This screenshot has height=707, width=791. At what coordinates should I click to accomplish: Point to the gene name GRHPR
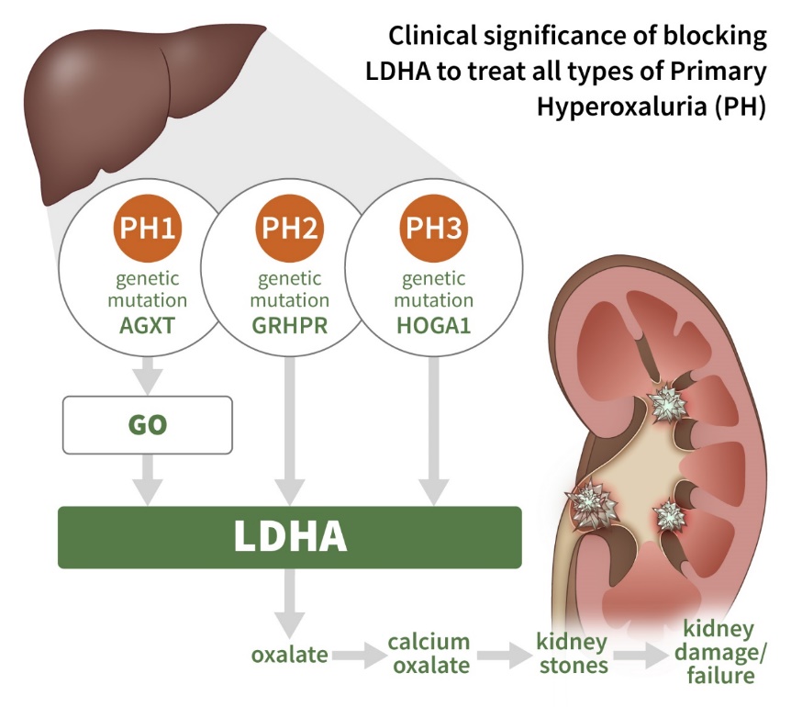click(x=290, y=324)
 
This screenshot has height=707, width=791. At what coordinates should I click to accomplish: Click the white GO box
click(x=147, y=424)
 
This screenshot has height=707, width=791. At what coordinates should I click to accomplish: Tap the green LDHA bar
click(x=290, y=537)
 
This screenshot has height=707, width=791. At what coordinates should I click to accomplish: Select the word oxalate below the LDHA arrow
click(x=290, y=655)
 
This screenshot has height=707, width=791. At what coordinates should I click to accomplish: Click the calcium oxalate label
click(x=429, y=653)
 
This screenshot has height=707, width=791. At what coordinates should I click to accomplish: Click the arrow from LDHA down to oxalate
click(x=290, y=601)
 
